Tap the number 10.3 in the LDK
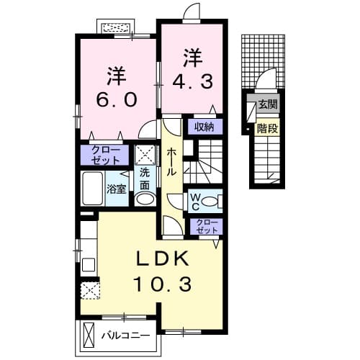point(161,284)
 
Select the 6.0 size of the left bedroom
point(112,99)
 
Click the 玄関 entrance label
point(268,104)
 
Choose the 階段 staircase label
point(268,129)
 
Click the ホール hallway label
point(173,163)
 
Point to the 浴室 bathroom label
point(117,190)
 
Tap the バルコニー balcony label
point(125,336)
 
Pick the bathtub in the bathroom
point(94,189)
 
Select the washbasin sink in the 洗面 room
point(145,200)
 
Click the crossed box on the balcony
point(89,335)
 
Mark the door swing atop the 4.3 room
point(192,13)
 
